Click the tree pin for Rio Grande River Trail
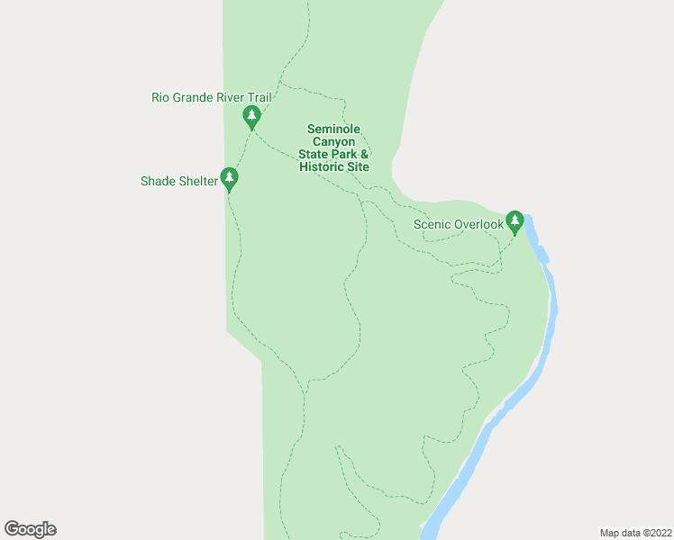[252, 116]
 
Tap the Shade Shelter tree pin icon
[230, 178]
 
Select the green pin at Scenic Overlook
[515, 220]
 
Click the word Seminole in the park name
[333, 130]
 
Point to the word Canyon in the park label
[333, 142]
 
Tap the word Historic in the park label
[322, 167]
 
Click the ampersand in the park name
[365, 155]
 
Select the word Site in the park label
[358, 167]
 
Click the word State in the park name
[313, 155]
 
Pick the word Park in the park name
[345, 155]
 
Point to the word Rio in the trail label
[161, 97]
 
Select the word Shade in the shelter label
[157, 181]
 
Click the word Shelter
[198, 181]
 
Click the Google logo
[31, 529]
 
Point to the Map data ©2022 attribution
[634, 533]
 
